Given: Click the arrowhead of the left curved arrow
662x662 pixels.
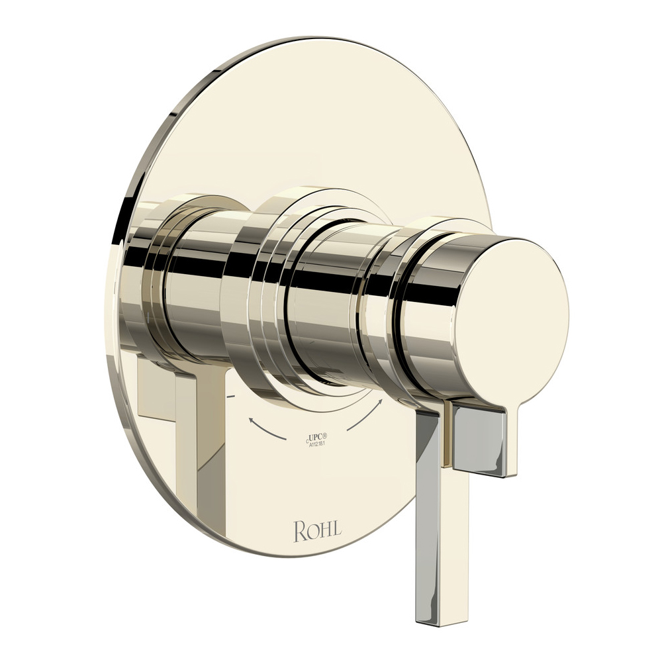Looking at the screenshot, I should pos(252,418).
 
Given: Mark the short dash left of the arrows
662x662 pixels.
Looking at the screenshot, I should pos(230,396).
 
